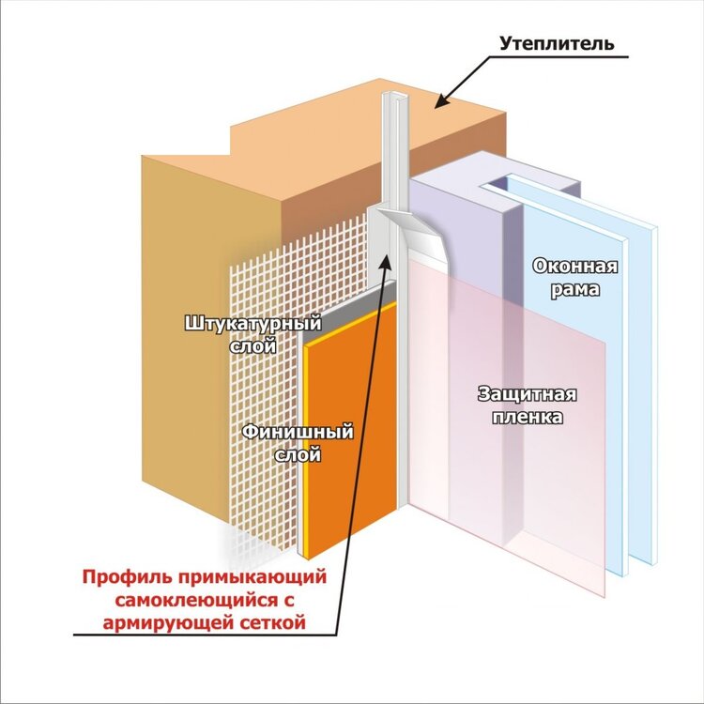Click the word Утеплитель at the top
click(x=557, y=43)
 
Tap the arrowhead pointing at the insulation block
click(x=442, y=101)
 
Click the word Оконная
click(x=575, y=266)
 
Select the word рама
click(x=575, y=289)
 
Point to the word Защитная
click(x=528, y=394)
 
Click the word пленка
click(x=528, y=417)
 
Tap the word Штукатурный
click(x=253, y=324)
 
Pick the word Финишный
click(x=298, y=433)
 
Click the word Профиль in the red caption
click(x=126, y=577)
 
